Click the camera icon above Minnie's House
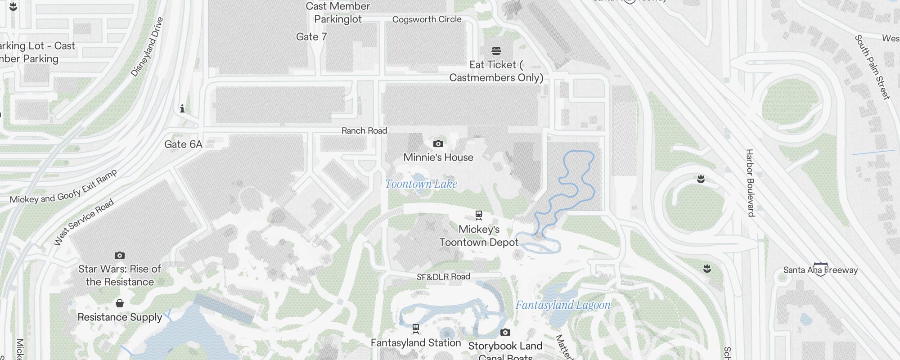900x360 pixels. tap(438, 144)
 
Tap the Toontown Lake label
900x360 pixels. tap(421, 184)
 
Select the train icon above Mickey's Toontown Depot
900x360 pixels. tap(479, 215)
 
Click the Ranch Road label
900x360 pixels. tap(364, 131)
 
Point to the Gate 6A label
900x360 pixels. tap(183, 144)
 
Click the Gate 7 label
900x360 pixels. tap(311, 37)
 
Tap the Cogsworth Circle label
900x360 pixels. tap(427, 19)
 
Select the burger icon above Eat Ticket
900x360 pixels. tap(496, 50)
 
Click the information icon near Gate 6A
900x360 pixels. tap(182, 108)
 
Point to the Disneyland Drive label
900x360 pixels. tap(147, 47)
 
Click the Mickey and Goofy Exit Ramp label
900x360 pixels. tap(63, 187)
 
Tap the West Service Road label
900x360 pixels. tap(84, 222)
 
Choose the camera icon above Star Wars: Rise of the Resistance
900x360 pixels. tap(120, 256)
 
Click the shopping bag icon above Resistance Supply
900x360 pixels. tap(120, 303)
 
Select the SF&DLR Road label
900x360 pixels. tap(443, 277)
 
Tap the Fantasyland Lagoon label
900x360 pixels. tap(563, 305)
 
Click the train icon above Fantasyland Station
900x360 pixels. tap(416, 329)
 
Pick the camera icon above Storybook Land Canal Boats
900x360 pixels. tap(505, 333)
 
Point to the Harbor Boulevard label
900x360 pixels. tap(750, 183)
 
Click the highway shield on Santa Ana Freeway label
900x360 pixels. tap(821, 269)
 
